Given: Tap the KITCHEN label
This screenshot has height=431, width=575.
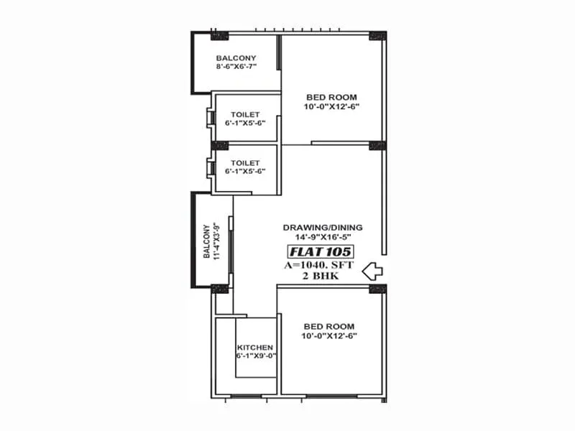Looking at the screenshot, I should point(255,347).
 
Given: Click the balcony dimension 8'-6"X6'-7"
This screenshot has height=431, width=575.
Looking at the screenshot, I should point(236,66).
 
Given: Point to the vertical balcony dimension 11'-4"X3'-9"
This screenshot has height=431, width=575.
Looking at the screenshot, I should point(214,241).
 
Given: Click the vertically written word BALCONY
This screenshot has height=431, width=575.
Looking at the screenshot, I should point(206,241).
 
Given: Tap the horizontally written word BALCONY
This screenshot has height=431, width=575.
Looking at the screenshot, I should point(236,57).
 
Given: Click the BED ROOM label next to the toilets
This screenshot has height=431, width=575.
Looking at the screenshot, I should point(331,97).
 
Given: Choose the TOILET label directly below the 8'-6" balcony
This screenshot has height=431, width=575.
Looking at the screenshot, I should point(245,114).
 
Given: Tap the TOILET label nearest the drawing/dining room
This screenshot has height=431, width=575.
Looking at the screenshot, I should point(245,163).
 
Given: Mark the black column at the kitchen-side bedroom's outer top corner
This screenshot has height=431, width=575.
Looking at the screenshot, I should point(377,289).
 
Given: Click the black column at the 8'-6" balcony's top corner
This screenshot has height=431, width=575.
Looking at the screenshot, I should point(219,36).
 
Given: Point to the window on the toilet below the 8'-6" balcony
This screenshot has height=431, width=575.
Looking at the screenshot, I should point(210,117).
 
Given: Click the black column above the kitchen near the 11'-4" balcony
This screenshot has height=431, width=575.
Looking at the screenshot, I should point(220,289).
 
